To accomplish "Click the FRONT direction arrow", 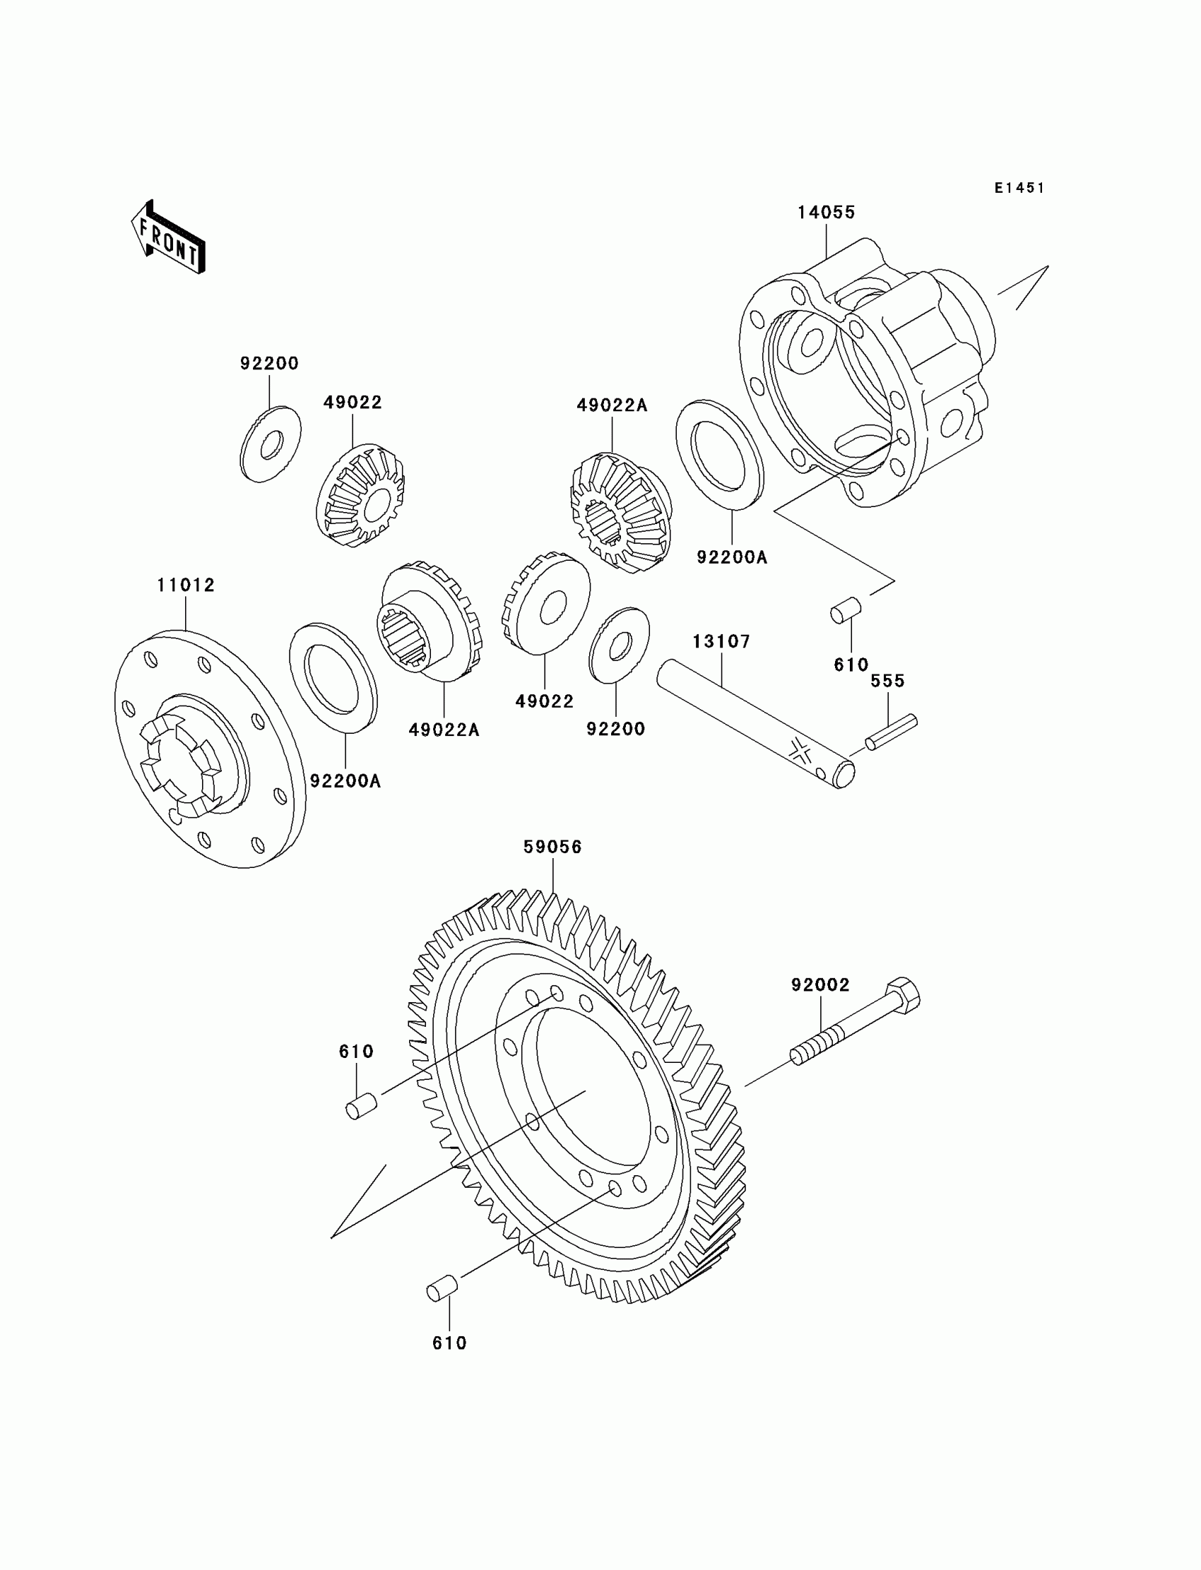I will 169,238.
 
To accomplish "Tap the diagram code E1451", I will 1019,188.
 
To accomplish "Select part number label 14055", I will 827,213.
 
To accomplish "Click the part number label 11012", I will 186,585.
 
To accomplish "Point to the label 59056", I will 552,847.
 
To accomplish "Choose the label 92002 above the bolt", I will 820,985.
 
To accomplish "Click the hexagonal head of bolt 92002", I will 902,995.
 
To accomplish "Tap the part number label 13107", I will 721,642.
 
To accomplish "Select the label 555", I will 887,681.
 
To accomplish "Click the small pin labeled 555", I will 891,732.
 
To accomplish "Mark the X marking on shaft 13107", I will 802,751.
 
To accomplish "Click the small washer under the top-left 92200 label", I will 270,444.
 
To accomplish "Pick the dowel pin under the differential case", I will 846,610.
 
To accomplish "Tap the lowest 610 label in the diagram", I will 449,1343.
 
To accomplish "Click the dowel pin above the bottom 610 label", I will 442,1287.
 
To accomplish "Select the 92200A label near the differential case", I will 731,557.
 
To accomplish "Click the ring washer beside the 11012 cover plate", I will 333,677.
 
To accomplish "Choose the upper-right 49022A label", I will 612,406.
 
